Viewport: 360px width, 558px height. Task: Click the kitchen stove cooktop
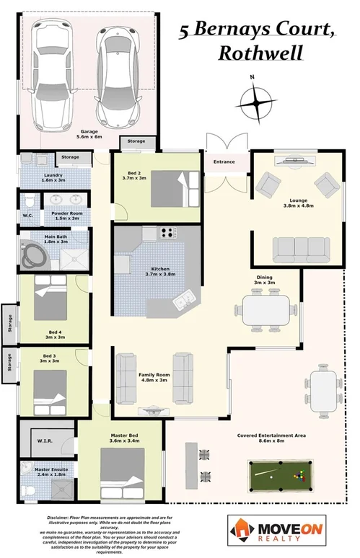pos(168,233)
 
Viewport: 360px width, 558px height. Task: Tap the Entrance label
pos(224,161)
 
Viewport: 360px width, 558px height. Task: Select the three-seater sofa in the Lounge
pos(299,249)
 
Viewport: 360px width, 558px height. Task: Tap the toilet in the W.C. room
pos(29,202)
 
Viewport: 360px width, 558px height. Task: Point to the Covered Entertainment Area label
pos(265,436)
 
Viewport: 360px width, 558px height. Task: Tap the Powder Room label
pos(65,215)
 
